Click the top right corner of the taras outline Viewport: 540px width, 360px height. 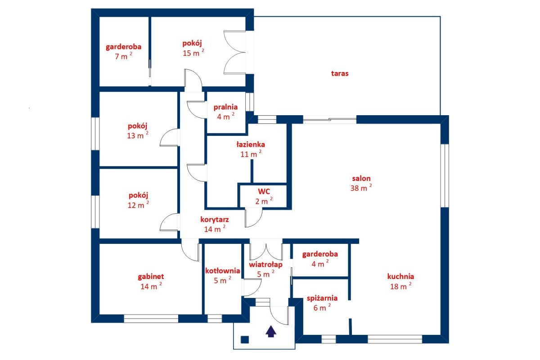(x=440, y=16)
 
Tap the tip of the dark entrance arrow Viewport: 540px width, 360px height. (x=271, y=325)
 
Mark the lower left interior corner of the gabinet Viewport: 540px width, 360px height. (x=99, y=315)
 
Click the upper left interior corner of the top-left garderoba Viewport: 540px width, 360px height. (x=99, y=17)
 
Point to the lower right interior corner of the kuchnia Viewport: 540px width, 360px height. (x=441, y=335)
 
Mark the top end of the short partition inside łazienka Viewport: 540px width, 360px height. (x=252, y=160)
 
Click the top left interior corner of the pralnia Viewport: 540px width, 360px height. (x=207, y=92)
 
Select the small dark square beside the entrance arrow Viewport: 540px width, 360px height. (x=245, y=339)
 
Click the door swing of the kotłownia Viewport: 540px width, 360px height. (x=252, y=287)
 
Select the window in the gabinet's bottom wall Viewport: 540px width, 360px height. (x=151, y=319)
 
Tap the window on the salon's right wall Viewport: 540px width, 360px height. (x=445, y=175)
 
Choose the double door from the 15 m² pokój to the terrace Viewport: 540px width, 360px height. (x=235, y=52)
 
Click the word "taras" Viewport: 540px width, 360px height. (x=340, y=73)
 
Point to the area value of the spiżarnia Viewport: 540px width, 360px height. (x=322, y=308)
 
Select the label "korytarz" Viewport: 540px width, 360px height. (x=215, y=220)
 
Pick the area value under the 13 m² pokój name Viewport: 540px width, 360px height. (x=138, y=135)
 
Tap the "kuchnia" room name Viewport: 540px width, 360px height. (x=400, y=276)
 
